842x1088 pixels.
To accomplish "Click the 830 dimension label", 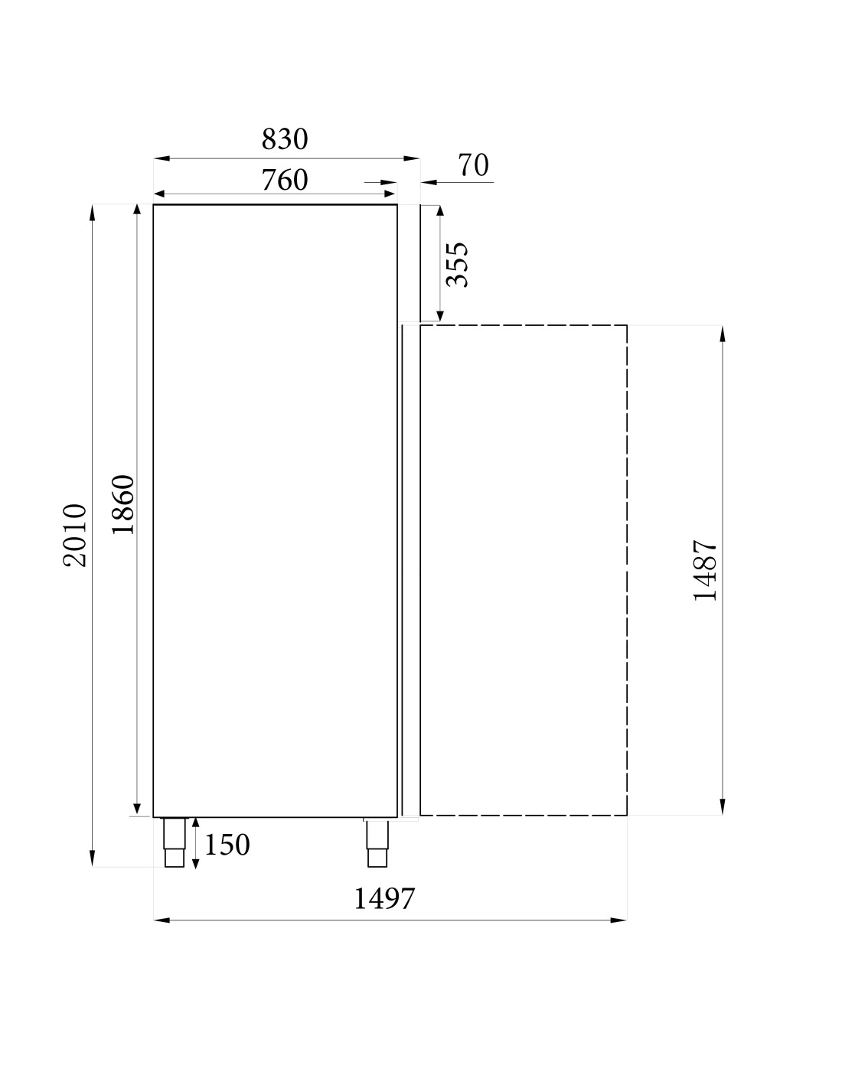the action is click(285, 139).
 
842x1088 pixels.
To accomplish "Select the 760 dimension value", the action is click(285, 180).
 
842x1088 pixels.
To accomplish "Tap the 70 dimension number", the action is click(473, 165).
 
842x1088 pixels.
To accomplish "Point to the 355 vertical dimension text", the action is click(457, 265).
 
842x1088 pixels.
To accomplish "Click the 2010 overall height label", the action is click(75, 536).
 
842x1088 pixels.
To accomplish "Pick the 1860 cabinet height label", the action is click(122, 505).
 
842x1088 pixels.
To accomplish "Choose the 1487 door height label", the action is click(705, 570).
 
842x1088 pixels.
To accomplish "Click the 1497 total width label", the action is click(384, 899).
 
